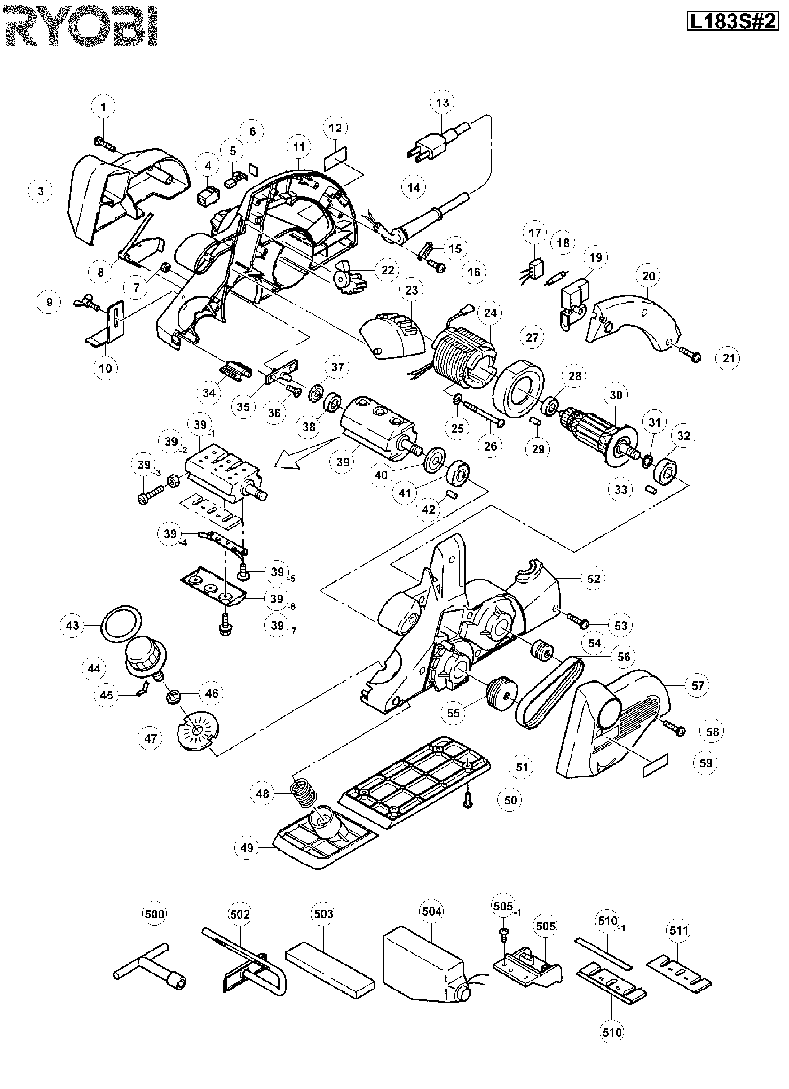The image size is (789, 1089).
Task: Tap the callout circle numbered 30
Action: pos(616,395)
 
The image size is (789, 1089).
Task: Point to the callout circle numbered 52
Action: pos(594,579)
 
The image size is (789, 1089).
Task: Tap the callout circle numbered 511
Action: pos(679,931)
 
